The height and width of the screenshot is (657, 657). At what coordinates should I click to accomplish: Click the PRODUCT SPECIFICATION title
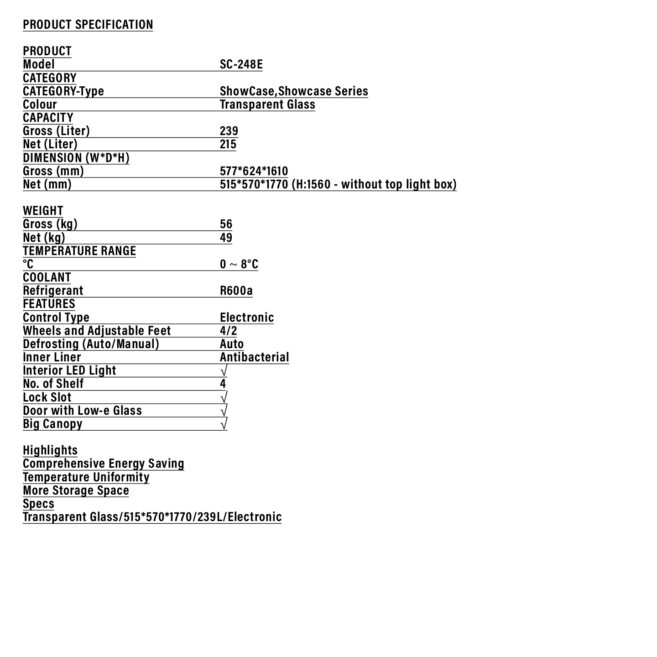click(88, 25)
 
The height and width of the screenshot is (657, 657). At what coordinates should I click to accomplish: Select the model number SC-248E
click(241, 64)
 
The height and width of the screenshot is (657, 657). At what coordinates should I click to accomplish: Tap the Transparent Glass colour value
click(267, 104)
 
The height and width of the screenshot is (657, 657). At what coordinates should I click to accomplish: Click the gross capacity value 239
click(229, 131)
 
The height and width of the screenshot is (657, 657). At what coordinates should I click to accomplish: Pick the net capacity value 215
click(228, 144)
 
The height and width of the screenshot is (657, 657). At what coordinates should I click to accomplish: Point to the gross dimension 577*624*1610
click(254, 171)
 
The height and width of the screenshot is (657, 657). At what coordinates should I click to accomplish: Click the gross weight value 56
click(226, 224)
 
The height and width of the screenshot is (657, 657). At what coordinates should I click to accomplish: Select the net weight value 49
click(226, 237)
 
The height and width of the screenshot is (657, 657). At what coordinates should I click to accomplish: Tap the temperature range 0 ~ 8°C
click(239, 264)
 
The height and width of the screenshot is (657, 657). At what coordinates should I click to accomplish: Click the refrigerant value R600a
click(236, 291)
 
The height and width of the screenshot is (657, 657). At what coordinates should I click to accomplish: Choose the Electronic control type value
click(247, 318)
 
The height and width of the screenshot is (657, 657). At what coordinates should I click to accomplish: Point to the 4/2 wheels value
click(228, 331)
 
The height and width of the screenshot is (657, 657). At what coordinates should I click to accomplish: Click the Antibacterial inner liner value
click(254, 357)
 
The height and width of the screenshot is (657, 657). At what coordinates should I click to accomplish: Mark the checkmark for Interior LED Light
click(224, 370)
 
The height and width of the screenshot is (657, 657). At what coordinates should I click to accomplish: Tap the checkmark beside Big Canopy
click(224, 424)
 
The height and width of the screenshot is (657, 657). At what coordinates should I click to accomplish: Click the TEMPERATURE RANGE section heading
click(79, 251)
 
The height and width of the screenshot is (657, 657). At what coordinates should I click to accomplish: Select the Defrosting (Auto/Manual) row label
click(91, 344)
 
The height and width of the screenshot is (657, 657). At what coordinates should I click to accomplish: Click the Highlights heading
click(50, 450)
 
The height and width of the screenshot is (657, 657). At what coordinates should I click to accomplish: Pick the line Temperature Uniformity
click(86, 477)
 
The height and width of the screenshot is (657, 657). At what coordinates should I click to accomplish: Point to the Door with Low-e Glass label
click(82, 411)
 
